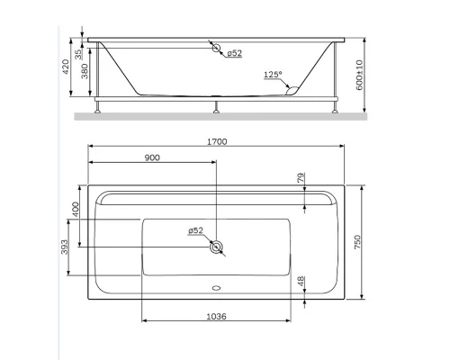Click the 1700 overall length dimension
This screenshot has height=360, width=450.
[215, 142]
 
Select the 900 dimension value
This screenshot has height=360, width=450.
[152, 158]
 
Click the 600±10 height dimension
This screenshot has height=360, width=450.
[358, 77]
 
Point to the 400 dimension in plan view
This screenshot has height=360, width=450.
[76, 209]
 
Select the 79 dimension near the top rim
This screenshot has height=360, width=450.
[301, 178]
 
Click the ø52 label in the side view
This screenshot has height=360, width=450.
[233, 53]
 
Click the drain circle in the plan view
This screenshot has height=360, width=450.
[216, 246]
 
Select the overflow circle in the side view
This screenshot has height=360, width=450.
[216, 49]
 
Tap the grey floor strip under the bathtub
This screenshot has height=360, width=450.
[215, 116]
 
